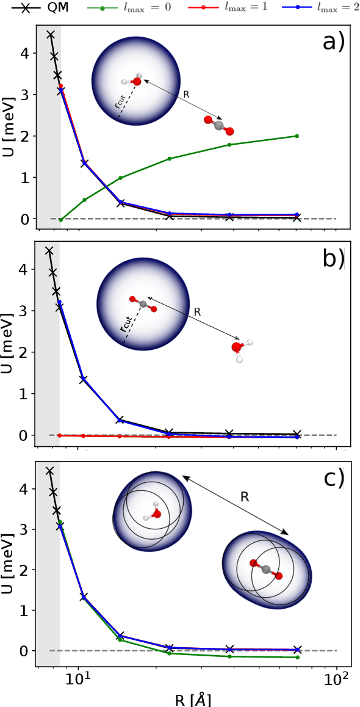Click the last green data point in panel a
click(x=297, y=136)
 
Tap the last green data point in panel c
click(x=297, y=657)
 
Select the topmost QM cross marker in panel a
click(x=51, y=34)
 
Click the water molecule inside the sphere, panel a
click(x=134, y=80)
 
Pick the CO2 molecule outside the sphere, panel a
click(x=219, y=125)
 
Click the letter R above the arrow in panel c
click(x=244, y=497)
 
